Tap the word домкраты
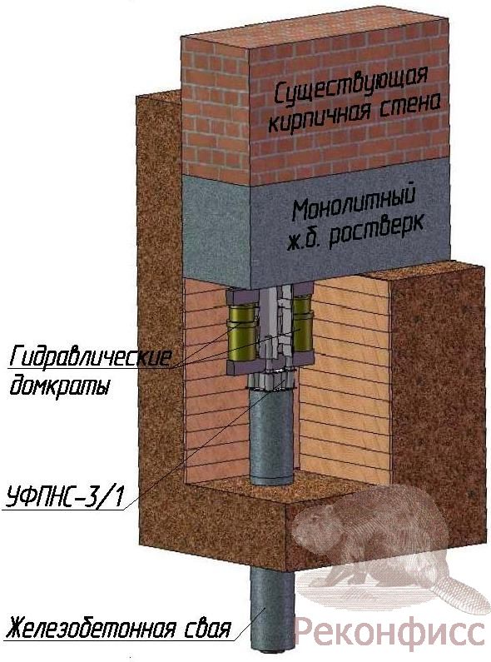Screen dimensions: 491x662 click(59, 386)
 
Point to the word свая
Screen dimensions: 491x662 click(207, 629)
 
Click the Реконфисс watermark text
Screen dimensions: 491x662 click(389, 631)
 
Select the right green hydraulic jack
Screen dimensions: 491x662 click(303, 324)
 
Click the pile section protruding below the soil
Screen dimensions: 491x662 click(270, 607)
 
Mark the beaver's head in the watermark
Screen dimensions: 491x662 click(315, 527)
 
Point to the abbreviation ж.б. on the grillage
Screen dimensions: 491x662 click(305, 241)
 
